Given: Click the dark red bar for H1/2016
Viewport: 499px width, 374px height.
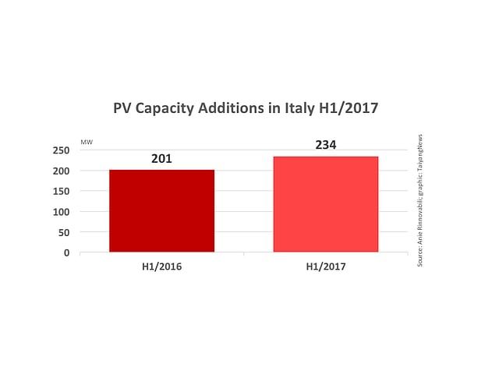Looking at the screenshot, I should click(161, 210).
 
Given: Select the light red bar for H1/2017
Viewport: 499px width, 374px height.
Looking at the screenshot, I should click(326, 204).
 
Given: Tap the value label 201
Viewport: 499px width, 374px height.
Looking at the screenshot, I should click(161, 159).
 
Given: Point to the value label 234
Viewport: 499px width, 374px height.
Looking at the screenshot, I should click(326, 146).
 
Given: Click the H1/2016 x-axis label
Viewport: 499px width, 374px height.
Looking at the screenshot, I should click(161, 266).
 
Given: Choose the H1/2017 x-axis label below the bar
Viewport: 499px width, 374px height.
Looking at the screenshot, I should click(326, 266).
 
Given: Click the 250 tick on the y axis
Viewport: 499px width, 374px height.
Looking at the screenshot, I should click(59, 150).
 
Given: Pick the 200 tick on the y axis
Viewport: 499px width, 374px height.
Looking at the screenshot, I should click(59, 171).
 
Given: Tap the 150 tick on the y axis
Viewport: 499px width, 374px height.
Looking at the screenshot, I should click(59, 191).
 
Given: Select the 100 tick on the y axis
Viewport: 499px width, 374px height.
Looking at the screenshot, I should click(59, 212).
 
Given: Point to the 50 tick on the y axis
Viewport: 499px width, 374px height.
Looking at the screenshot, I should click(62, 232).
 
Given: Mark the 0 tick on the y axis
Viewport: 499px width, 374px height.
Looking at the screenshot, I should click(65, 252).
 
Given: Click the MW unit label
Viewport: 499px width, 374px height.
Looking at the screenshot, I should click(87, 143).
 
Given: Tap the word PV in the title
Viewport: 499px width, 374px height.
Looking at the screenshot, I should click(122, 109).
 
